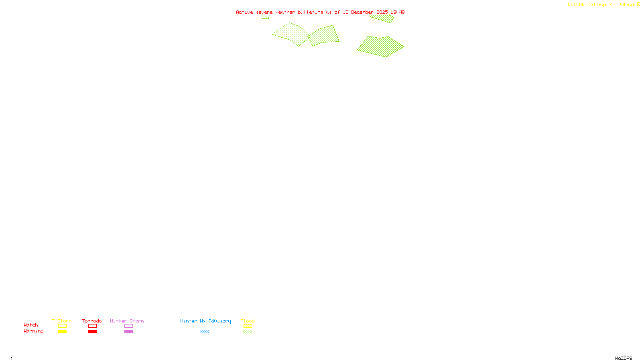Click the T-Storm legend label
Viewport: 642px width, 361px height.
coord(62,321)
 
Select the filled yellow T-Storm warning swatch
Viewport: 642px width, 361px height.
coord(62,332)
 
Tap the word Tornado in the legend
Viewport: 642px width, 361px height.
coord(92,321)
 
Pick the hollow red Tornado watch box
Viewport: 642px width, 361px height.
coord(92,326)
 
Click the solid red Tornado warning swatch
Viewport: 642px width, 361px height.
coord(92,332)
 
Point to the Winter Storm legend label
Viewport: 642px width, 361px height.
coord(127,321)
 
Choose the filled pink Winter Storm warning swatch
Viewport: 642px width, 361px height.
coord(128,332)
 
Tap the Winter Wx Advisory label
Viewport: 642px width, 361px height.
coord(205,321)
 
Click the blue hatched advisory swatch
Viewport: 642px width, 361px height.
coord(205,332)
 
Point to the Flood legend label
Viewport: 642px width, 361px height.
coord(248,321)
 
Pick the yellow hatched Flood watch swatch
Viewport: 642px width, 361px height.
coord(248,326)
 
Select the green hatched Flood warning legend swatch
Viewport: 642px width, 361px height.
coord(248,332)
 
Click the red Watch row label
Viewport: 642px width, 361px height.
coord(31,325)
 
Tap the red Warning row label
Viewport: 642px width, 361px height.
coord(33,331)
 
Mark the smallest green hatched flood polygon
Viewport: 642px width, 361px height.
coord(265,17)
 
